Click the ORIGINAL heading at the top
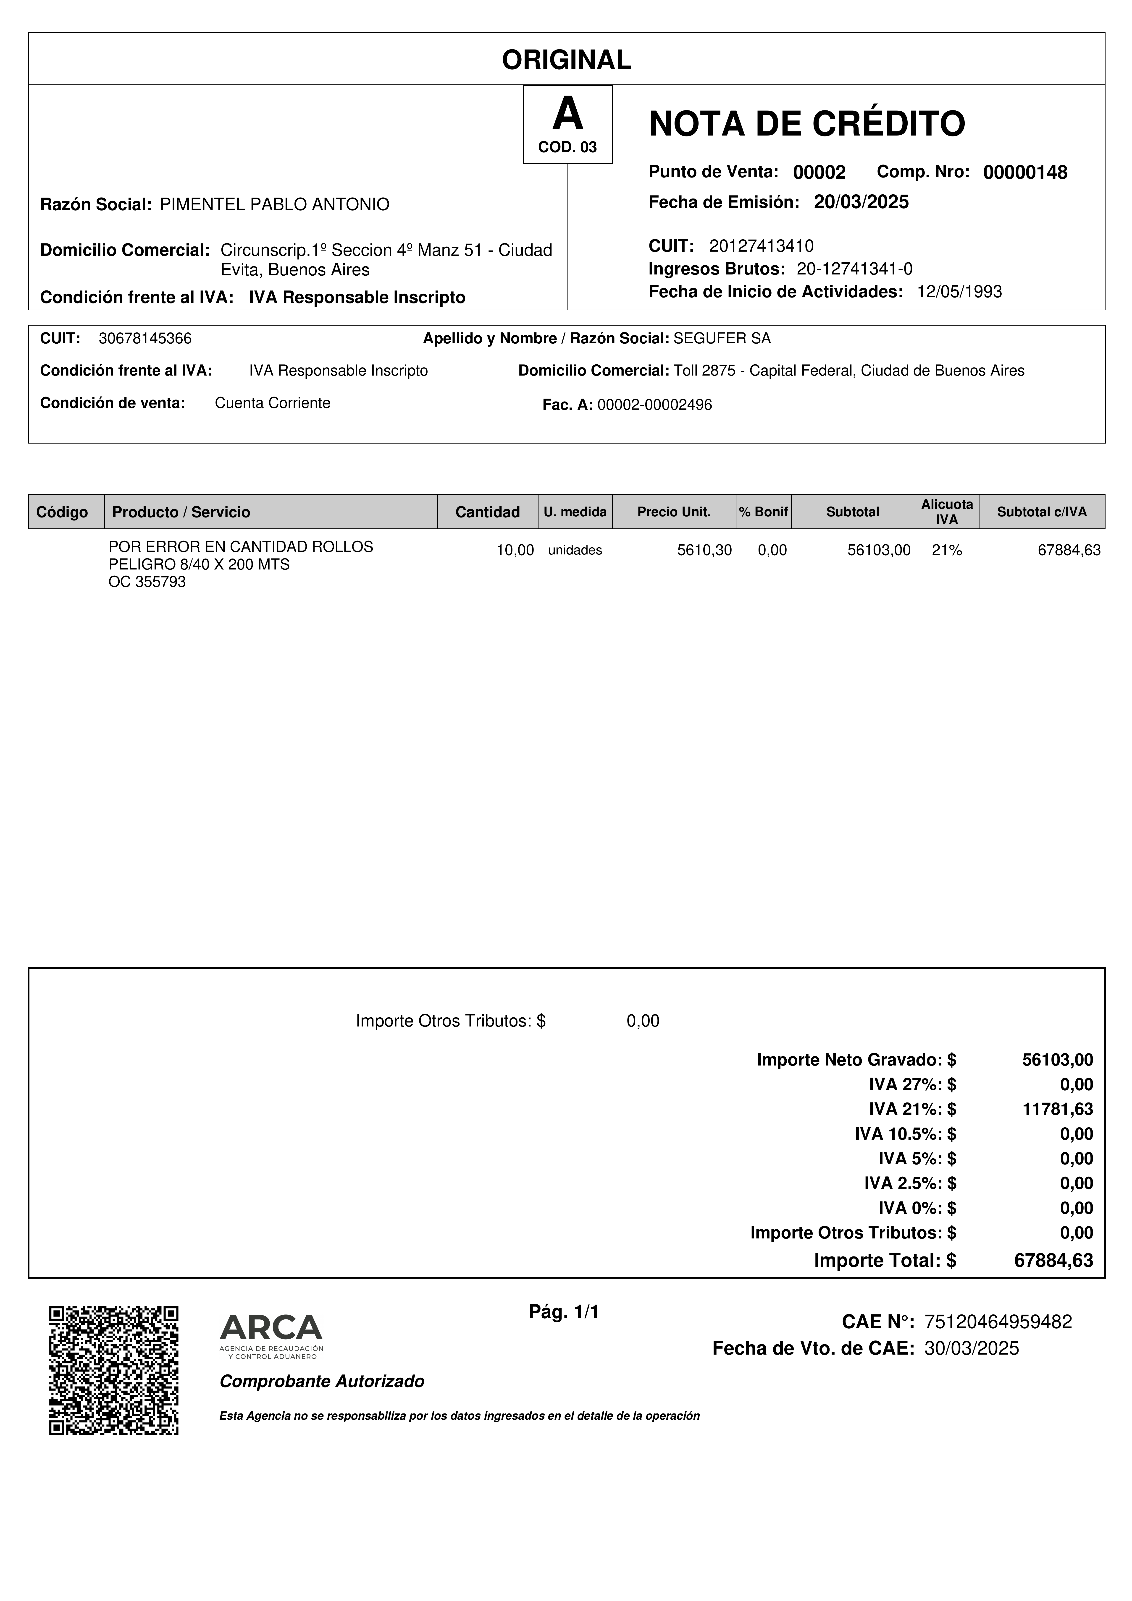566,60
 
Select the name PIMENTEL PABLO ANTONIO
275,204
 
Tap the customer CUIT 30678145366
145,339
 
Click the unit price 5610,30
704,550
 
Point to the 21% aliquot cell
946,550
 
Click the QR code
114,1370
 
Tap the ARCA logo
271,1337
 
